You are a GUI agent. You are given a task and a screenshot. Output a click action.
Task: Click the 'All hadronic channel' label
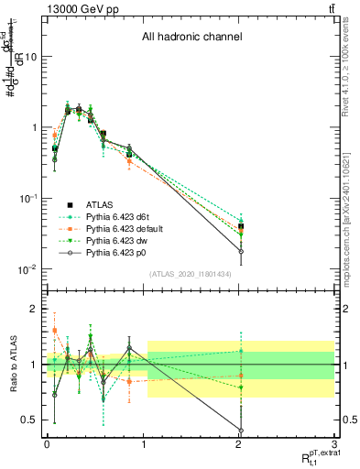(x=191, y=38)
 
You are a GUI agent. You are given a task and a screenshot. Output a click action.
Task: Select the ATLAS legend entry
(x=101, y=204)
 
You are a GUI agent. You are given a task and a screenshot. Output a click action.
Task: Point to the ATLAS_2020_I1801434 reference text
(x=191, y=275)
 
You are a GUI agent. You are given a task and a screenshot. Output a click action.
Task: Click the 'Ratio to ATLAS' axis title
(x=12, y=363)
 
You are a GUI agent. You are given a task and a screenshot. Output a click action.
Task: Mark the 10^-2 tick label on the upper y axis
(x=27, y=269)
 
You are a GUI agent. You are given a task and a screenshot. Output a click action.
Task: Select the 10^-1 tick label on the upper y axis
(x=27, y=199)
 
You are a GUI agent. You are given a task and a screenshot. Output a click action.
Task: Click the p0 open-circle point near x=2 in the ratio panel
(x=241, y=431)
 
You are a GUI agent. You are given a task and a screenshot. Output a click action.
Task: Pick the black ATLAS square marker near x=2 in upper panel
(x=241, y=225)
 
